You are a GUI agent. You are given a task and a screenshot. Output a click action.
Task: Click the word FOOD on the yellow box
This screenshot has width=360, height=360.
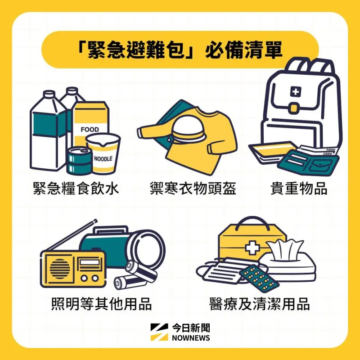[90, 130]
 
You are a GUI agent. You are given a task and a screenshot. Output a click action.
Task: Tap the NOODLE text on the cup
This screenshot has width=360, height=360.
[103, 159]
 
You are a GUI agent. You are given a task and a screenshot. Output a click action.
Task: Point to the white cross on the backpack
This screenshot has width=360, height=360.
[296, 92]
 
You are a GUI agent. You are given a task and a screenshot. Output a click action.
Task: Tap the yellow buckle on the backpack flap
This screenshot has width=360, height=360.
[294, 108]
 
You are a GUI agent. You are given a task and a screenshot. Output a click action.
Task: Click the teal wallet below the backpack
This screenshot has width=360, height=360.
[309, 162]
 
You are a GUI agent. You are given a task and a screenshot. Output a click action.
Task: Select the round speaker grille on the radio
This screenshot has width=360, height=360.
[60, 269]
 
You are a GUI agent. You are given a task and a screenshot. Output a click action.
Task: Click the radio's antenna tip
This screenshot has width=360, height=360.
[95, 221]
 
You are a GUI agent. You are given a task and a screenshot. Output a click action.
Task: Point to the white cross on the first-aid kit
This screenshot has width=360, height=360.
[252, 247]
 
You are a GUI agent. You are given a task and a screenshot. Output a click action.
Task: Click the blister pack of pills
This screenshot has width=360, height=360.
[259, 279]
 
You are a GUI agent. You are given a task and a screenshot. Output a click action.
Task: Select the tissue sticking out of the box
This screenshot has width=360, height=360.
[285, 250]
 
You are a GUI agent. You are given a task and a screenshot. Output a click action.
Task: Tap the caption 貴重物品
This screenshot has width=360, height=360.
[299, 189]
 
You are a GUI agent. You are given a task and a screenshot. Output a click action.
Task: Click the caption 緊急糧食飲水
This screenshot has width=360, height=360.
[76, 189]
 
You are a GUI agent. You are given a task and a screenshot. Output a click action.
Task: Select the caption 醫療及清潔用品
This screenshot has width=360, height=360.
[260, 304]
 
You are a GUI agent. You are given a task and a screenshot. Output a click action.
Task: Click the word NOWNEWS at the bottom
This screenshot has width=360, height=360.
[191, 338]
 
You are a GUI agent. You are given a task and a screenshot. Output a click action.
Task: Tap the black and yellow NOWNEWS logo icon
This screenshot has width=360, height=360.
[159, 332]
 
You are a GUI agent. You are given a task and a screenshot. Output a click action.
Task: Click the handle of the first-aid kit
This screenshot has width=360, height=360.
[252, 220]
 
